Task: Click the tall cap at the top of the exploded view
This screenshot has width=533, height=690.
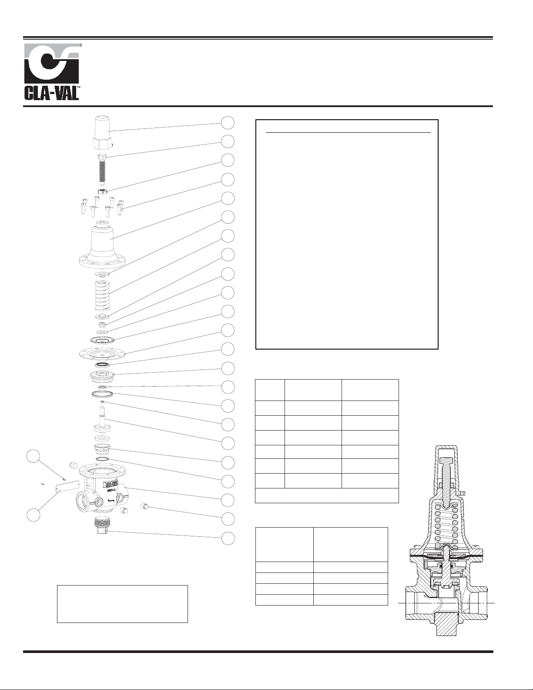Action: click(x=103, y=133)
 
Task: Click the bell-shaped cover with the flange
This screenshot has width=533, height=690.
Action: click(x=103, y=244)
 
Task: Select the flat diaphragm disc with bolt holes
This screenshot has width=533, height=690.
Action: click(x=103, y=353)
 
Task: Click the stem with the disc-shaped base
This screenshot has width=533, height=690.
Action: click(x=103, y=420)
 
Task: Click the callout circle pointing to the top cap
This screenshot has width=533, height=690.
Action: click(x=228, y=123)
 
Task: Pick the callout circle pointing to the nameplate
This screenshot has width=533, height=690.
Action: click(x=34, y=515)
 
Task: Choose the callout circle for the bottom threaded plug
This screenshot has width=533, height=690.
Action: click(x=228, y=539)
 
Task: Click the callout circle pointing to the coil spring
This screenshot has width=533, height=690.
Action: click(x=228, y=236)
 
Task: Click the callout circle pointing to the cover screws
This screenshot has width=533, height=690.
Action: click(x=228, y=179)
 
